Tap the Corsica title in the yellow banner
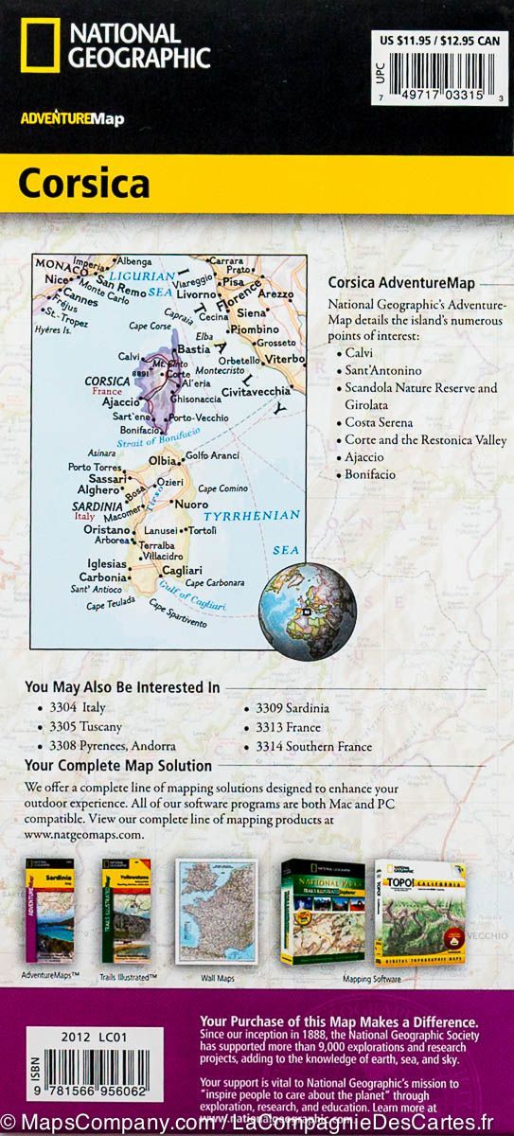point(83,184)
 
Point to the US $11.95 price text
point(407,41)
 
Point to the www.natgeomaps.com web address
point(84,835)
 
